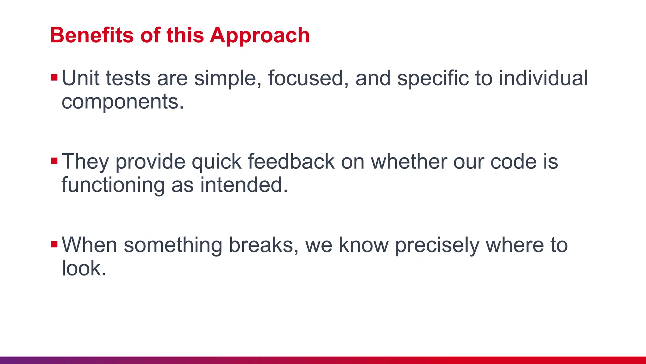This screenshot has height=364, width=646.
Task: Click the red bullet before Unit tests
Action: pyautogui.click(x=54, y=77)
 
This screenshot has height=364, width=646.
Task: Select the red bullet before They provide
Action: pyautogui.click(x=54, y=161)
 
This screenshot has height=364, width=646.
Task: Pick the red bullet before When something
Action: pyautogui.click(x=54, y=244)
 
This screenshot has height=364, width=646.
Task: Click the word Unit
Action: pyautogui.click(x=80, y=78)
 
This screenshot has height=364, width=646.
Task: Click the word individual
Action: pyautogui.click(x=543, y=78)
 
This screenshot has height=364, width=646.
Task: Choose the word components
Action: pyautogui.click(x=122, y=102)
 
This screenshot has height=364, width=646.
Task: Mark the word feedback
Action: pyautogui.click(x=291, y=161)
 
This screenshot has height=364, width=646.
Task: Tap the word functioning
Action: pyautogui.click(x=113, y=185)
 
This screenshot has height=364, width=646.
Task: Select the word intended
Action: pyautogui.click(x=244, y=185)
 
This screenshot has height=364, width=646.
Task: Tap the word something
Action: pyautogui.click(x=173, y=246)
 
